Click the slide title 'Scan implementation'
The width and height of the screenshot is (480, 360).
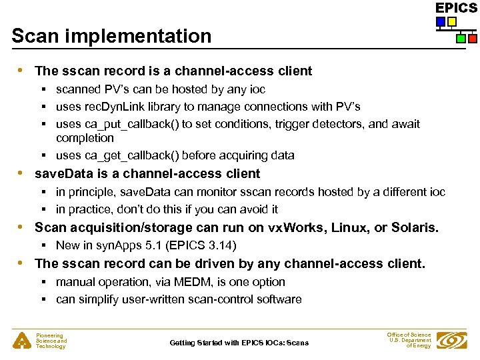pyautogui.click(x=111, y=36)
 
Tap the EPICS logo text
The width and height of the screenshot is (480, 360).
pyautogui.click(x=456, y=8)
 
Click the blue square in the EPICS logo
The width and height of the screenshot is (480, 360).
pyautogui.click(x=441, y=22)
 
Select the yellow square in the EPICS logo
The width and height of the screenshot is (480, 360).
pyautogui.click(x=452, y=22)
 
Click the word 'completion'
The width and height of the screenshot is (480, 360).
pyautogui.click(x=85, y=138)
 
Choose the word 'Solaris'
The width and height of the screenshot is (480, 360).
pyautogui.click(x=415, y=227)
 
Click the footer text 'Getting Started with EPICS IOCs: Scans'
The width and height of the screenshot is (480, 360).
pyautogui.click(x=239, y=343)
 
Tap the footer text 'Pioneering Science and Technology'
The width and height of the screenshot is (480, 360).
pyautogui.click(x=51, y=341)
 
